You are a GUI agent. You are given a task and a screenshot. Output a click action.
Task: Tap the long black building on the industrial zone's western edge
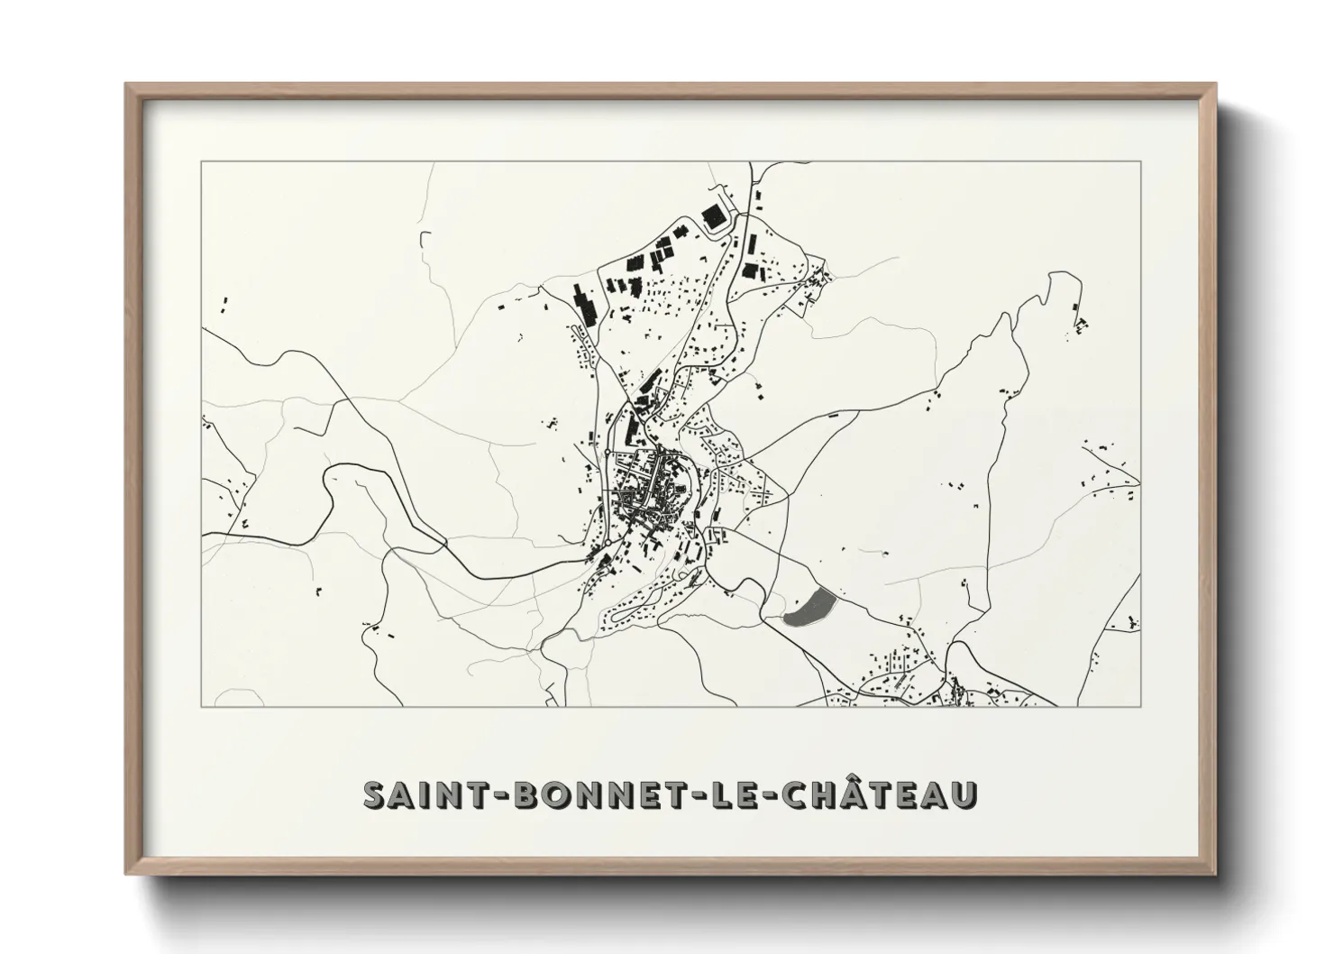pos(586,302)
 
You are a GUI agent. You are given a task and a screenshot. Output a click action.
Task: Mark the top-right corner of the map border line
pos(1141,161)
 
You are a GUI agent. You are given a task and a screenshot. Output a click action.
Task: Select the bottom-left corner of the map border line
pos(201,707)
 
